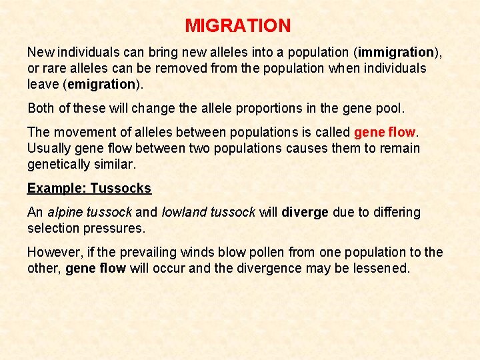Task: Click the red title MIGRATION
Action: coord(238,26)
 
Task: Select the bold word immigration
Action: coord(396,52)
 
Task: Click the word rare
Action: coord(55,68)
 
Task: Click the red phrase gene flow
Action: coord(385,132)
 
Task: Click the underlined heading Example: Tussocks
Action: coord(89,188)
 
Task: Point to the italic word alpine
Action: coord(66,212)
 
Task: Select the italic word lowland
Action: coord(183,212)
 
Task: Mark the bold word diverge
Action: coord(305,212)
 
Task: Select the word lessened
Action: coord(382,268)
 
